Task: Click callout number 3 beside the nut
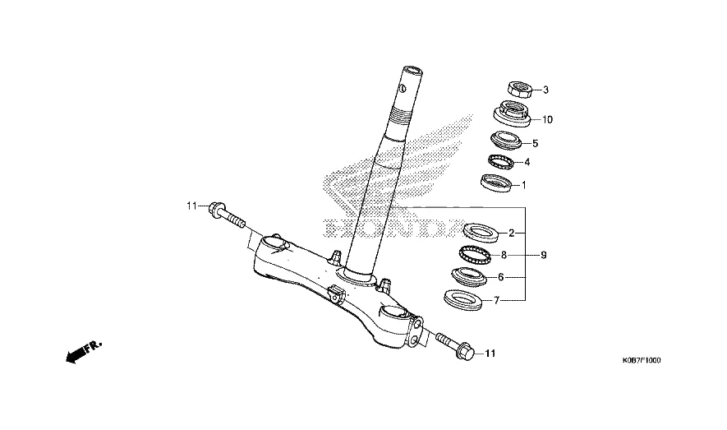click(545, 90)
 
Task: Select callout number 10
click(547, 119)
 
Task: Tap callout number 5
click(535, 143)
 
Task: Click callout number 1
click(523, 185)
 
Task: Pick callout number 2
click(512, 233)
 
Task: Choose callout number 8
click(504, 255)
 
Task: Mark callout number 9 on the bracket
click(543, 255)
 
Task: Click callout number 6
click(500, 277)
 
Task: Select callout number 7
click(496, 301)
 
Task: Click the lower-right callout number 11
click(490, 354)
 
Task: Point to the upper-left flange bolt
click(228, 215)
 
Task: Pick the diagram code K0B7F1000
click(642, 361)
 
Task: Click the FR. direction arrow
click(82, 352)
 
